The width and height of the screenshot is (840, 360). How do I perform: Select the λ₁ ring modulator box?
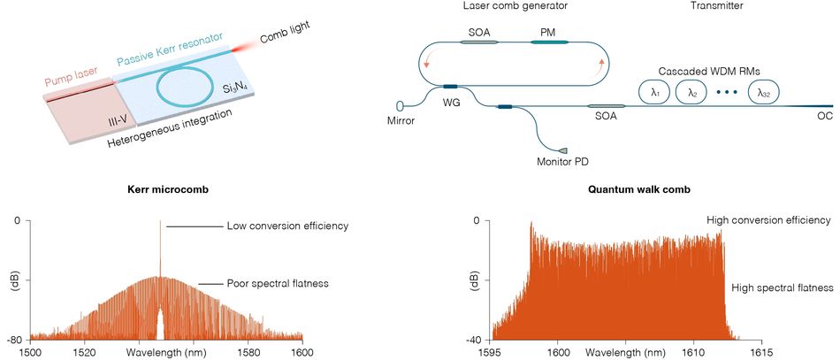click(655, 91)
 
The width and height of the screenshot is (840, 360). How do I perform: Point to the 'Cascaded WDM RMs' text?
click(708, 70)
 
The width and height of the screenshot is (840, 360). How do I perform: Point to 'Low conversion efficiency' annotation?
click(287, 226)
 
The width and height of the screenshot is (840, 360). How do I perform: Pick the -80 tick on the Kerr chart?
click(14, 339)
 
